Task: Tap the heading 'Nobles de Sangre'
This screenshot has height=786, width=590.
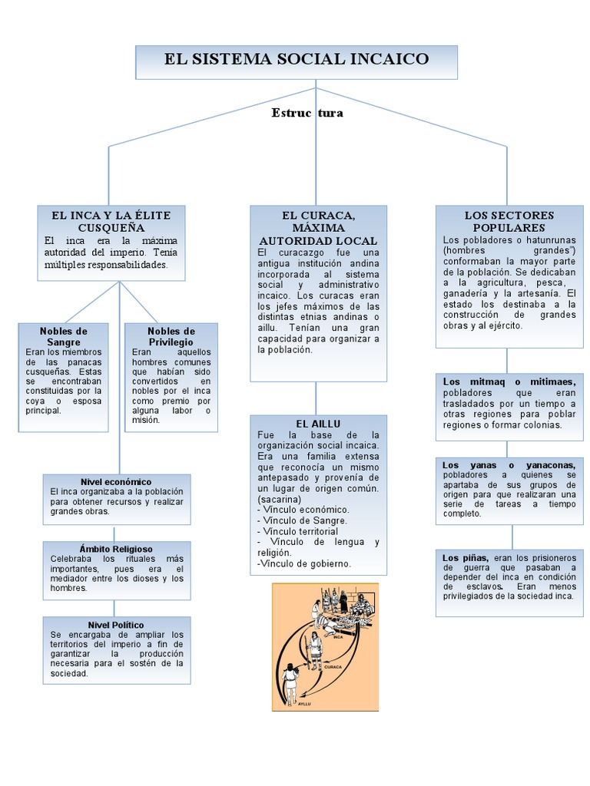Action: coord(64,335)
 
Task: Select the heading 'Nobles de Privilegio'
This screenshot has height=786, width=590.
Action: coord(171,335)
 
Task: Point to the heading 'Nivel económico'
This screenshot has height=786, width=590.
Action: coord(116,481)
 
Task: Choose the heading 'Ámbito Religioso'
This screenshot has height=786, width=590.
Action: coord(116,549)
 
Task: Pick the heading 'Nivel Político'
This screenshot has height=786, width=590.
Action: coord(116,625)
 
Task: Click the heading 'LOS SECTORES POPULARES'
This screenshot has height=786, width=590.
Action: coord(509,221)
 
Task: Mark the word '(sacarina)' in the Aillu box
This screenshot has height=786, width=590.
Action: coord(280,499)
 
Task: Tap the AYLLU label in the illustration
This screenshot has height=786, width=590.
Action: coord(306,705)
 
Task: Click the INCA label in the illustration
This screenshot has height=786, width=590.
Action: coord(338,637)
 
